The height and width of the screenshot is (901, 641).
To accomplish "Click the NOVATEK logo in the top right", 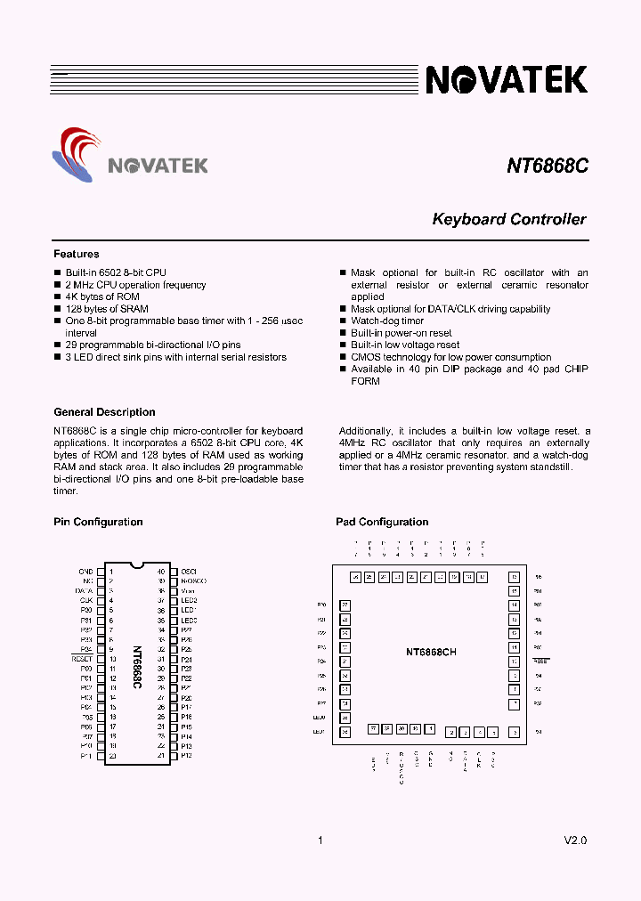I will coord(507,80).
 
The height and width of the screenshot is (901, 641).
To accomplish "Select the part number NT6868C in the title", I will coord(547,166).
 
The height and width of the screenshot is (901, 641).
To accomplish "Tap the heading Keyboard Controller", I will coord(508,219).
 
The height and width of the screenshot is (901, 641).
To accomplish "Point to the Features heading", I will coord(77,255).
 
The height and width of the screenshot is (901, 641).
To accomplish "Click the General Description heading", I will coord(104,412).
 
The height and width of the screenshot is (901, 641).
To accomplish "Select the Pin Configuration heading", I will coord(98,523).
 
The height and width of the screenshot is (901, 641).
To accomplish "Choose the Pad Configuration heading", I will coord(382,523).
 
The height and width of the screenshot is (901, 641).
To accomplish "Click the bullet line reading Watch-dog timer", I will coord(387,321).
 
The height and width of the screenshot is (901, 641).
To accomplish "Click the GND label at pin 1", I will coord(85,572).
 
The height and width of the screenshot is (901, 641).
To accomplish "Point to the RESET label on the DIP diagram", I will coord(82,659).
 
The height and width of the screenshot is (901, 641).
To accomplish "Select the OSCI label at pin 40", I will coord(189,572).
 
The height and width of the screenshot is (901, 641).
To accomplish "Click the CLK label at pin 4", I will coord(86,600).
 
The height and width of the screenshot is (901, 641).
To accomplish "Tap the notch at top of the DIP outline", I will coord(136,565).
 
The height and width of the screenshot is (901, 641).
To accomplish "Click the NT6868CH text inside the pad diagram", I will coord(431,653).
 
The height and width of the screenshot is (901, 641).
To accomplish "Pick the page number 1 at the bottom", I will coord(320,840).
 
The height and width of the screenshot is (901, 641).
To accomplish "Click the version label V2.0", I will coord(575,840).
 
